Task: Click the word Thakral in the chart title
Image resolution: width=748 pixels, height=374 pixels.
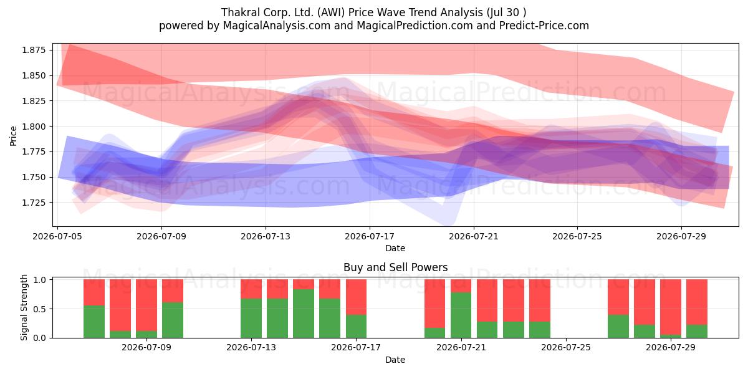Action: pos(241,12)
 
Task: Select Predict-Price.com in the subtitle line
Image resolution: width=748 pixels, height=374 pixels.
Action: pos(544,26)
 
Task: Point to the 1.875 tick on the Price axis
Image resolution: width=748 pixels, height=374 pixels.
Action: pos(34,50)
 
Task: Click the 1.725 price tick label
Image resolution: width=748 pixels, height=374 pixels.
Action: pos(34,203)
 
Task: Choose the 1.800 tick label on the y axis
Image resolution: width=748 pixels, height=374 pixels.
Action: pos(34,126)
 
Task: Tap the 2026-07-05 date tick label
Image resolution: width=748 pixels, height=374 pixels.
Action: pos(57,236)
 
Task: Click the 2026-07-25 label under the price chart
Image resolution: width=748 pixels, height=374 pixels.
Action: pos(577,236)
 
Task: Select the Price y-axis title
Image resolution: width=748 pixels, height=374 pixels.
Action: pos(13,136)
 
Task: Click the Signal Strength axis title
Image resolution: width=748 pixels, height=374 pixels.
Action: pos(24,307)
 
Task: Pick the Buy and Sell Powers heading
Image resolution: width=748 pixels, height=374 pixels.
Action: pos(395,267)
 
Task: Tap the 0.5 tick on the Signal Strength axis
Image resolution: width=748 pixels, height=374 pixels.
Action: pos(39,309)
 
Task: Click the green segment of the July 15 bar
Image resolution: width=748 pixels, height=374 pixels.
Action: pos(304,314)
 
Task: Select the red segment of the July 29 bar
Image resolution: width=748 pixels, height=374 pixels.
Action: pos(671,307)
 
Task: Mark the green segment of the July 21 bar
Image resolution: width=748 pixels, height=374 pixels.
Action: pos(461,315)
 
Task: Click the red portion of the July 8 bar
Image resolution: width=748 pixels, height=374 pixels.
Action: pos(146,305)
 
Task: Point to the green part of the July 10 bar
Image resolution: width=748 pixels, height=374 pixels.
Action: pos(173,320)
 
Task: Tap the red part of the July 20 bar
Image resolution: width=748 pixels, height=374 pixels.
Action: pos(435,304)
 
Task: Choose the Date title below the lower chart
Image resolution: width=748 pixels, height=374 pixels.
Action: pos(395,360)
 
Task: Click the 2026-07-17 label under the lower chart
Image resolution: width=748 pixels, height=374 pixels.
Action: pos(356,348)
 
